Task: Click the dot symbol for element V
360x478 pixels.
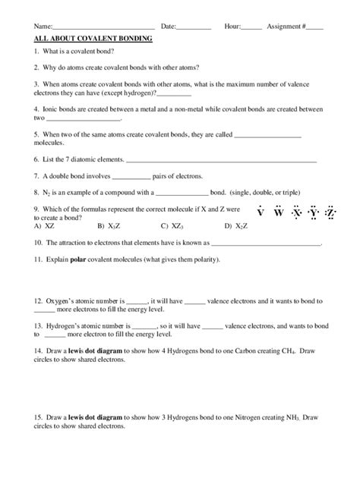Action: click(x=260, y=212)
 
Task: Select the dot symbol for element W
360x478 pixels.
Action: click(x=278, y=212)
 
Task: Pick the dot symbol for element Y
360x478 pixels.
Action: click(x=313, y=212)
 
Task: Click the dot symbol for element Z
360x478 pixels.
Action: click(x=330, y=212)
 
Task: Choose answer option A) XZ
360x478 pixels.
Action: click(x=44, y=225)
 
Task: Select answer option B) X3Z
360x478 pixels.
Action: click(x=108, y=225)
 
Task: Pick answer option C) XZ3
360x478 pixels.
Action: click(x=172, y=225)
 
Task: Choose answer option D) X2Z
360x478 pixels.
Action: click(x=236, y=225)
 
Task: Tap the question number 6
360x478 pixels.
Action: click(x=37, y=159)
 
